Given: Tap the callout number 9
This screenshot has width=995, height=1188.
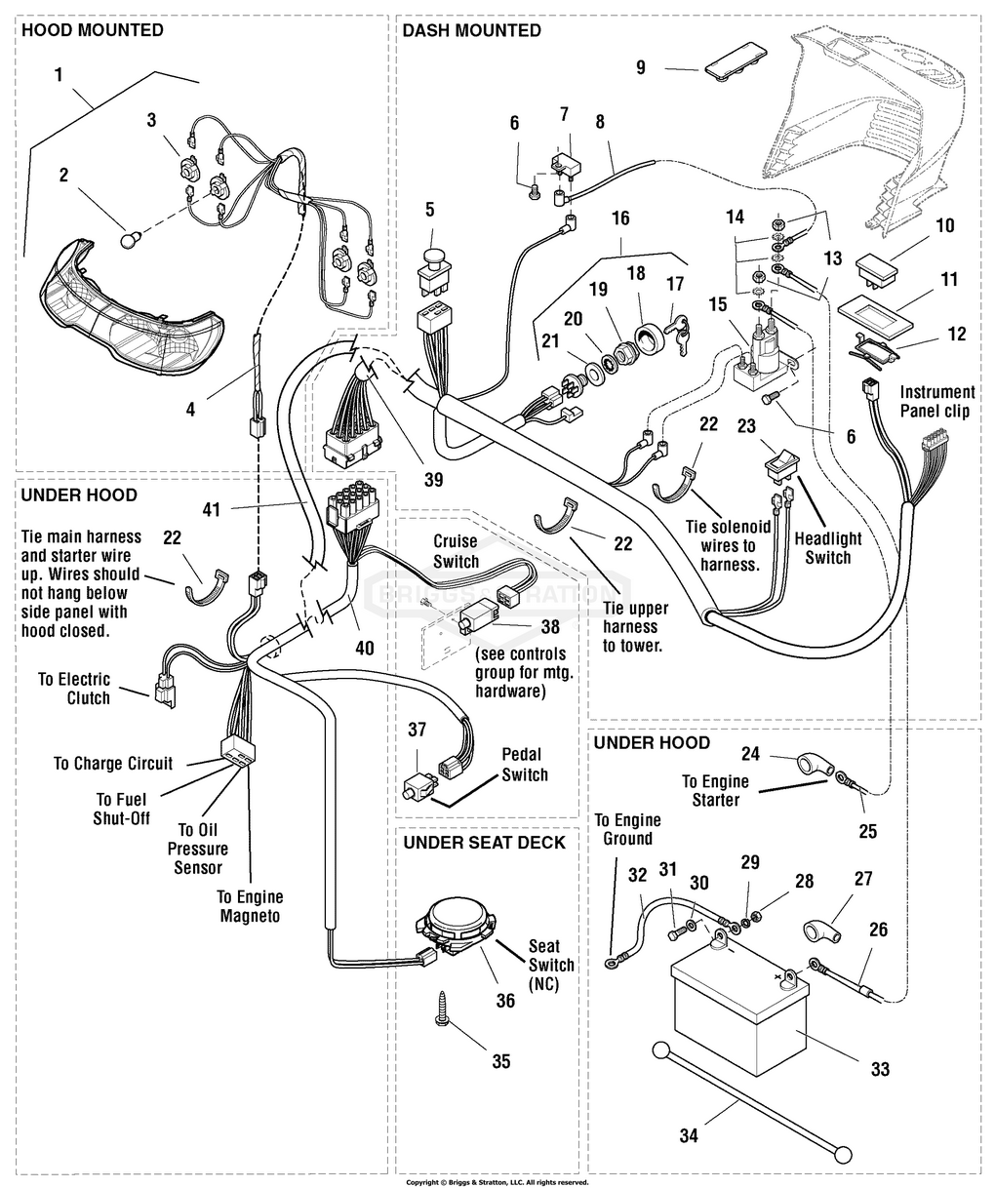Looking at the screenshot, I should tap(641, 67).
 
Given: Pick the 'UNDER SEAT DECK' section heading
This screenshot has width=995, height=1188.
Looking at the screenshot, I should tap(484, 842).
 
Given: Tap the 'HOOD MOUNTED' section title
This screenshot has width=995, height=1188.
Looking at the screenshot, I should tap(93, 30).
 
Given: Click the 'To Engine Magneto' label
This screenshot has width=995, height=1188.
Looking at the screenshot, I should tap(250, 906).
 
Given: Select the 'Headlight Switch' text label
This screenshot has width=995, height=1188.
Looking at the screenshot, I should tap(827, 548).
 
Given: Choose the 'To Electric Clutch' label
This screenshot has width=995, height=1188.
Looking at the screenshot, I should tap(74, 689).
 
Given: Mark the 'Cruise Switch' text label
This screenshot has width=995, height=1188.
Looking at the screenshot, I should tap(456, 551).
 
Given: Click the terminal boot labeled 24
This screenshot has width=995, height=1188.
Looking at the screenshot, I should tap(808, 763).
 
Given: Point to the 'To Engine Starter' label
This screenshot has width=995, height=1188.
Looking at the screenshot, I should tap(715, 791).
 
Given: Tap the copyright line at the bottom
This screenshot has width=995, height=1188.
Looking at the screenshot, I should tap(497, 1181).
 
